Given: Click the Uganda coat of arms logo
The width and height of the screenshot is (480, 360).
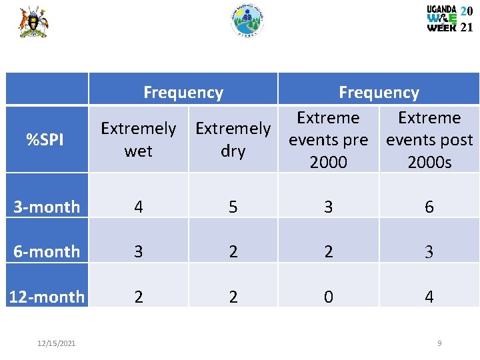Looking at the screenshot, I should tap(33, 21).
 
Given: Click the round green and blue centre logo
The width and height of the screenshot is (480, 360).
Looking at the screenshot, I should tap(247, 21).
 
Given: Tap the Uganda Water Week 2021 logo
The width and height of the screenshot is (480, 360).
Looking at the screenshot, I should tap(450, 19).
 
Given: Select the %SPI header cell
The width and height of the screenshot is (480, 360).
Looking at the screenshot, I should tap(46, 140).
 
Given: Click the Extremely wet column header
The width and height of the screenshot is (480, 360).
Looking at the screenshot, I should tap(138, 139).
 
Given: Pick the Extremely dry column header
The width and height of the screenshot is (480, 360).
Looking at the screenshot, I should tap(233, 139).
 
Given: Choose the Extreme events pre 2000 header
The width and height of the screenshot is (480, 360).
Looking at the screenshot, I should tap(328, 140).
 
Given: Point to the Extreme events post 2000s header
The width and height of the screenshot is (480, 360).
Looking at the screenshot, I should tap(429, 140).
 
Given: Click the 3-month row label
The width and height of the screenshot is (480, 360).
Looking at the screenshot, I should tap(47, 207).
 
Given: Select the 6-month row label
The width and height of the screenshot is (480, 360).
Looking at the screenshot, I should tap(47, 251).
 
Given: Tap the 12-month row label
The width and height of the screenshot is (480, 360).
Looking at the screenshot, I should tap(47, 297).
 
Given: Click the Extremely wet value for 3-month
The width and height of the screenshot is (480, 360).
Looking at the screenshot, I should tap(138, 207).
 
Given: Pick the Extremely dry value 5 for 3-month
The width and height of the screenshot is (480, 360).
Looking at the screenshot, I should tap(233, 207).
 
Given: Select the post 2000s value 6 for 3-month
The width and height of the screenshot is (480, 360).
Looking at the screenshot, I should tap(429, 207).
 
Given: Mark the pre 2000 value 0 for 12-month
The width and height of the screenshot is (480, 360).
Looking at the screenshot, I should tap(328, 297).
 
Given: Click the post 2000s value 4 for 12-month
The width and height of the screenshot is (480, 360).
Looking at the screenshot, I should tap(429, 297).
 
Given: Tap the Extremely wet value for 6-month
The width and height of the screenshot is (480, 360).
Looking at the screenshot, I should tap(138, 251).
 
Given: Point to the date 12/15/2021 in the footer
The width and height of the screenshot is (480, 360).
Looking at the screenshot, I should tap(57, 343).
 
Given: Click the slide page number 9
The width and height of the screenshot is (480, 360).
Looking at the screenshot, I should tap(439, 343).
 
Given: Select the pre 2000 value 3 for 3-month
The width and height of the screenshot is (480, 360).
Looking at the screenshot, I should tap(328, 207).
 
